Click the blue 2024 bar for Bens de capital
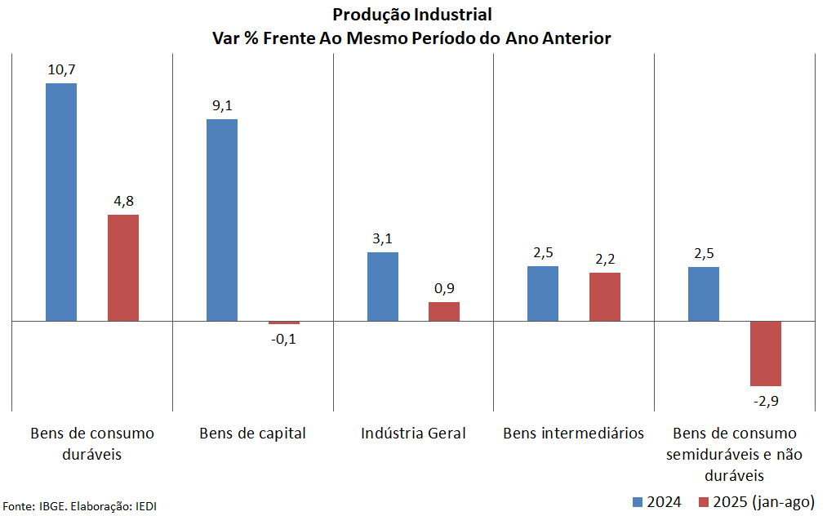(221, 220)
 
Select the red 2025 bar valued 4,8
(123, 268)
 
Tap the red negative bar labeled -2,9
(766, 353)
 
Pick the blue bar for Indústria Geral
(382, 287)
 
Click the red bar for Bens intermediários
(605, 296)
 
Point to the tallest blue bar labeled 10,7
(61, 202)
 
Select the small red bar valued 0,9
(444, 311)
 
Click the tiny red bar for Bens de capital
(284, 322)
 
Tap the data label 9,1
(222, 106)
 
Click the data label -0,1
(283, 339)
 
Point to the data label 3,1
(382, 239)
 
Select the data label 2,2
(605, 260)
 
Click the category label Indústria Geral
(413, 433)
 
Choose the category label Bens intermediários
(573, 433)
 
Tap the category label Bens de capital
(252, 433)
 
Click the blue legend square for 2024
(638, 501)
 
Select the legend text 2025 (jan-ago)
(764, 501)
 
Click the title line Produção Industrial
(412, 15)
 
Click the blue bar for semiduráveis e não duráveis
(703, 294)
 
